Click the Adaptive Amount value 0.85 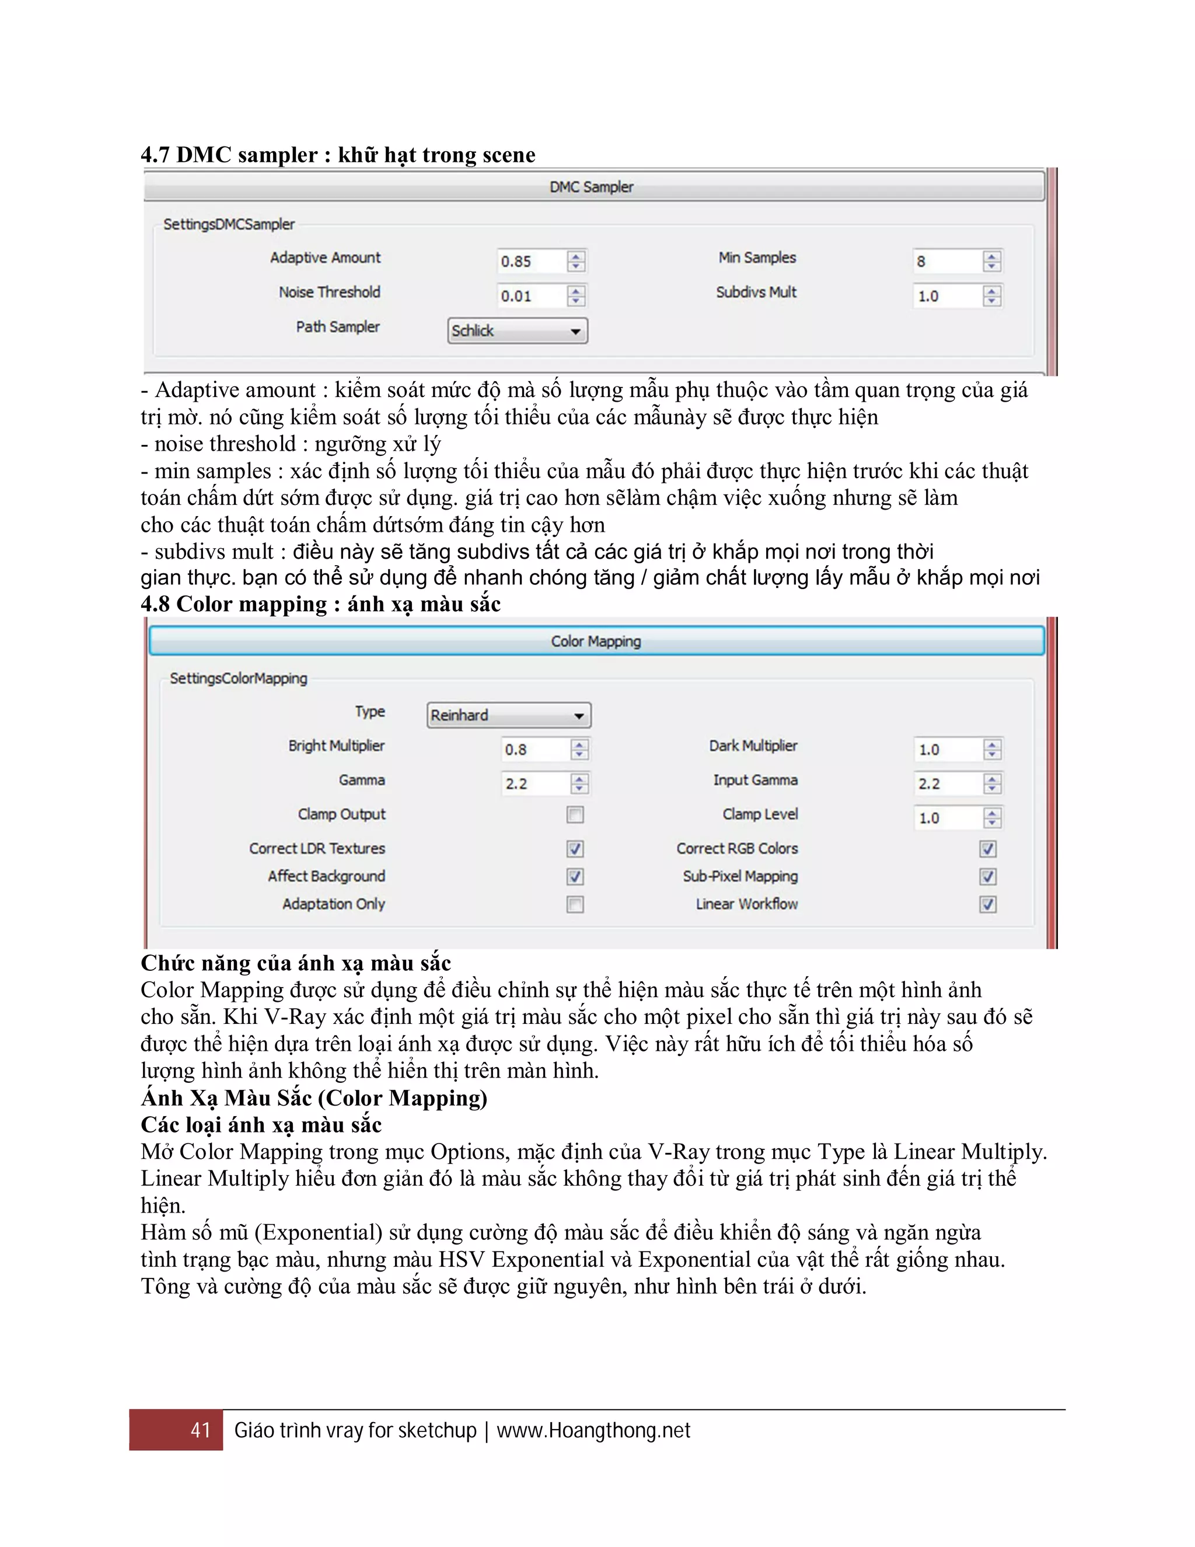(531, 262)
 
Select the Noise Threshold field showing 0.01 (531, 296)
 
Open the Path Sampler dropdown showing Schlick (518, 331)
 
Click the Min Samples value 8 (946, 262)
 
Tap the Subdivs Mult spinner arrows (992, 296)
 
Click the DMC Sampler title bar (593, 187)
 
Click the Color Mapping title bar (596, 641)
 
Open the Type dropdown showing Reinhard (509, 716)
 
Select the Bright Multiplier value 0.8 (534, 750)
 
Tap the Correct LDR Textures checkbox (575, 849)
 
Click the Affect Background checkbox (575, 877)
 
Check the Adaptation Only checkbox (575, 904)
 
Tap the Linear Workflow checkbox (988, 904)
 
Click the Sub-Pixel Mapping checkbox (988, 877)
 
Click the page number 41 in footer (200, 1430)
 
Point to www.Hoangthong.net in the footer (593, 1430)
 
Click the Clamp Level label (760, 814)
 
